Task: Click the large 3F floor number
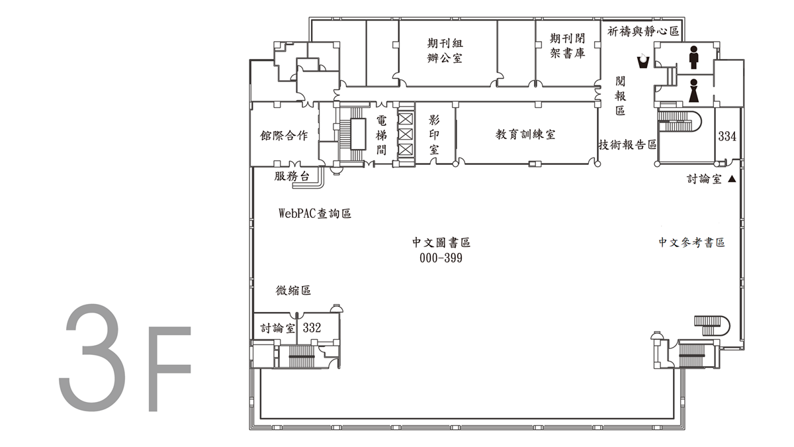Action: [125, 358]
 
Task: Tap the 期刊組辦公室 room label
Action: [445, 51]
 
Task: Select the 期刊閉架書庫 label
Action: [567, 46]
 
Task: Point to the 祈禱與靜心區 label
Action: [643, 31]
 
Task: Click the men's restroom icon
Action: [693, 57]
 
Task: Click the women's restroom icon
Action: [693, 91]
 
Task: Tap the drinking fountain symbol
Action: [642, 61]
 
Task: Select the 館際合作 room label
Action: [284, 136]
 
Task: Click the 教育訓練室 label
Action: [525, 134]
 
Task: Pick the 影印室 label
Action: [434, 135]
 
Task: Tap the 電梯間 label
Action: [381, 135]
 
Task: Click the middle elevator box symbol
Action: [406, 134]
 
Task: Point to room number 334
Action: [727, 136]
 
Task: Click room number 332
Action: [312, 327]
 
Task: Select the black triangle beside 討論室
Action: [732, 179]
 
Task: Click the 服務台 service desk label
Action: [292, 176]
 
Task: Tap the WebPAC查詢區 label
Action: [315, 213]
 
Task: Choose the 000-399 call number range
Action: [441, 258]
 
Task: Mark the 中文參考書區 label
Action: [691, 242]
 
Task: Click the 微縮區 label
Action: [294, 291]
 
